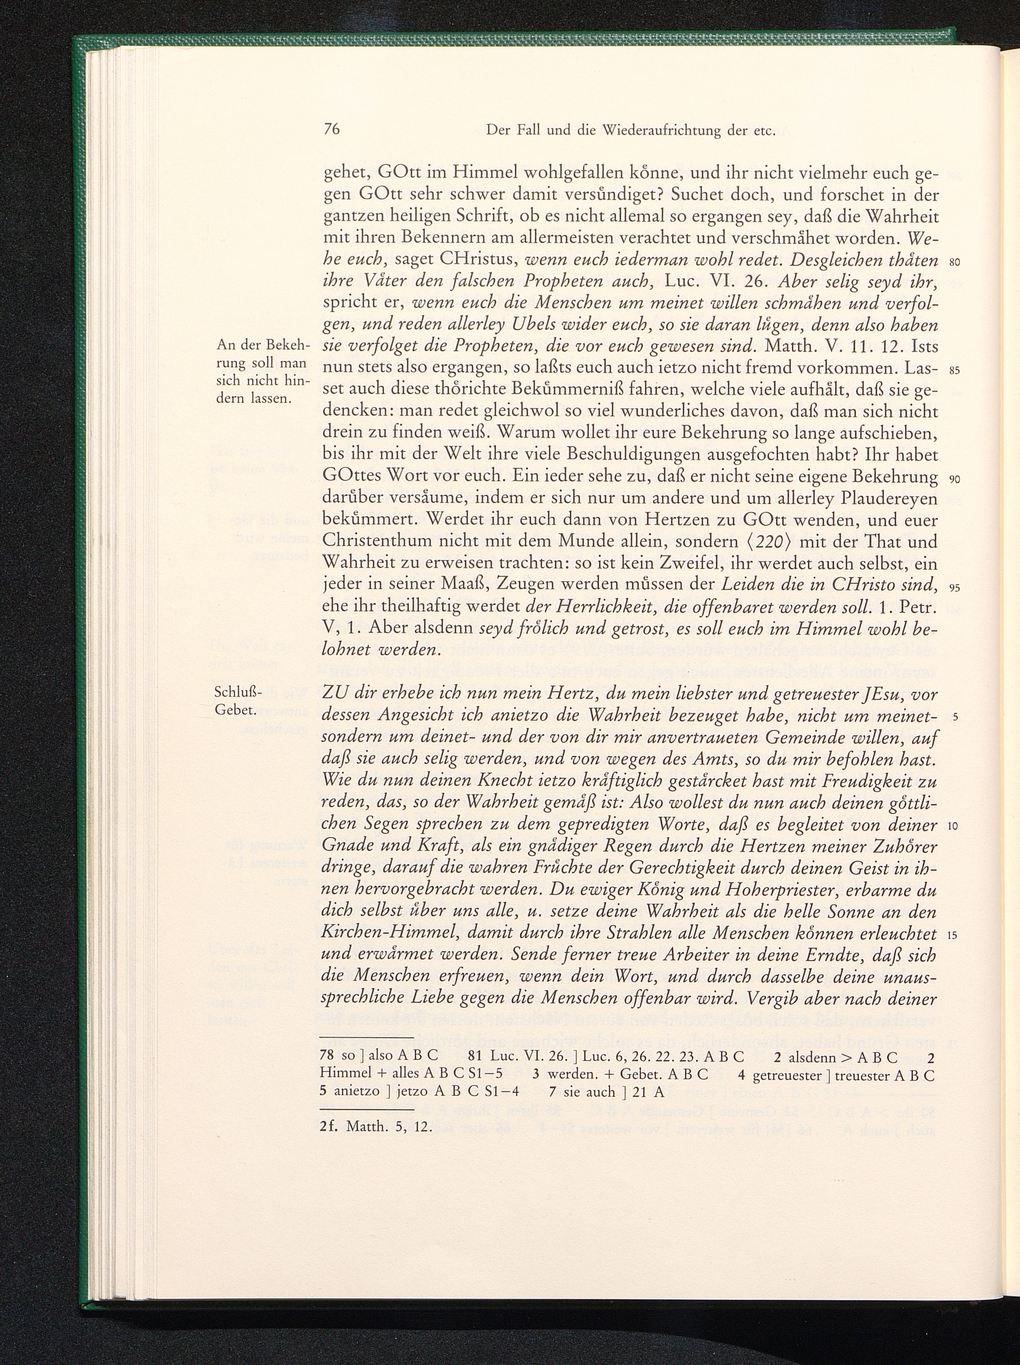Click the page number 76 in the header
pos(332,129)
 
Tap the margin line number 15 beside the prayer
pos(951,936)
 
